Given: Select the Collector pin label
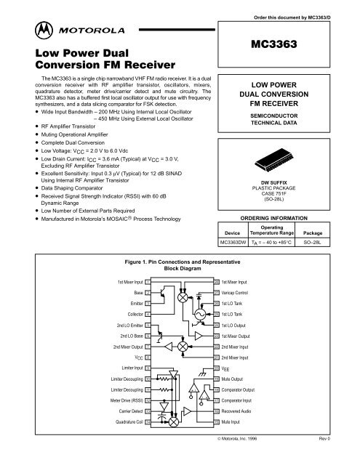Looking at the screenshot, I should click(127, 315).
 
